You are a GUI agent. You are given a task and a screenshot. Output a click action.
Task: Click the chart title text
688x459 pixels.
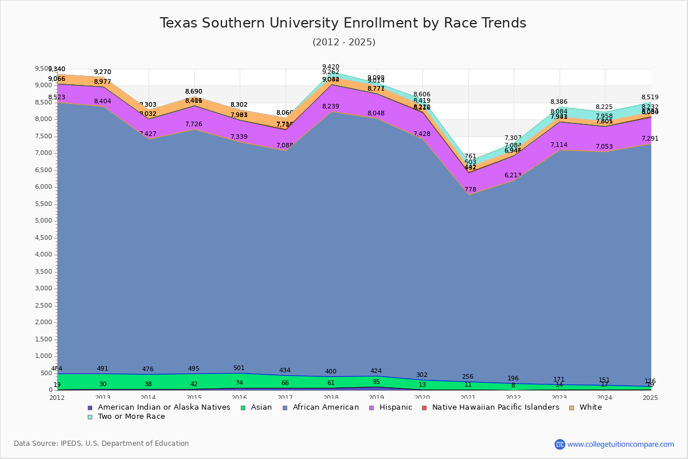[x=343, y=23]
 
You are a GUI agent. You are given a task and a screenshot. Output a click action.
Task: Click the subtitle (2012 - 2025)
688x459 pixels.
[x=344, y=42]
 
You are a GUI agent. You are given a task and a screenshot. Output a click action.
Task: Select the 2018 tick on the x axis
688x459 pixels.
[x=331, y=397]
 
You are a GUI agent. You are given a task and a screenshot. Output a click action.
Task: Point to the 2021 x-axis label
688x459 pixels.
[x=468, y=397]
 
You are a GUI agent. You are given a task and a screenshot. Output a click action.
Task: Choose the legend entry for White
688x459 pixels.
[x=590, y=407]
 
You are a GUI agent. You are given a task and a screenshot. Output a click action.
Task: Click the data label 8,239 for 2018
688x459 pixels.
[x=331, y=107]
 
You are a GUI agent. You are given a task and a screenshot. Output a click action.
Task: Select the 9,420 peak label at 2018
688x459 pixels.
[x=331, y=67]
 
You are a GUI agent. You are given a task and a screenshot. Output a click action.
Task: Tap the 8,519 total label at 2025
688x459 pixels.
[x=650, y=98]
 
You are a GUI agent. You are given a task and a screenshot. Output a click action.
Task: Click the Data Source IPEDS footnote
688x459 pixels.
[x=101, y=444]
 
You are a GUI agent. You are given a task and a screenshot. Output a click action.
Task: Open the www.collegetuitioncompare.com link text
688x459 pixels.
[x=620, y=444]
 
